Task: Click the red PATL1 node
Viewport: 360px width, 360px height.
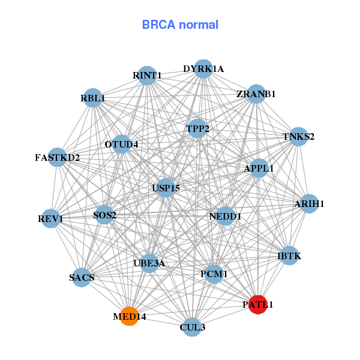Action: coord(257,305)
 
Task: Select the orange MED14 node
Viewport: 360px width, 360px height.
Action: coord(129,316)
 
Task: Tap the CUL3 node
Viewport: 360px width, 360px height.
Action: coord(192,326)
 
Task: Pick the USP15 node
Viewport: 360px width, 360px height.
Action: coord(166,188)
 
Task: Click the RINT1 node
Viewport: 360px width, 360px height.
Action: coord(147,76)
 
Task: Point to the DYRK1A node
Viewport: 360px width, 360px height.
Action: coord(203,69)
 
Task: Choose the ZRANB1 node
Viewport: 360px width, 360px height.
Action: coord(256,94)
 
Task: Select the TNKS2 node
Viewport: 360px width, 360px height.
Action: coord(298,136)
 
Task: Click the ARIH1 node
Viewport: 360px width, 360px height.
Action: coord(309,204)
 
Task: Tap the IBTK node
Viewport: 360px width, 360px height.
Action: coord(289,256)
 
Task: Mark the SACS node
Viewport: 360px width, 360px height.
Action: coord(82,277)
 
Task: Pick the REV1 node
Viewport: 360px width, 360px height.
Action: coord(51,219)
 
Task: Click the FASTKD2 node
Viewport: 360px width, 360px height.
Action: coord(57,158)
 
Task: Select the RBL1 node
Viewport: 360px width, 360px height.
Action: coord(92,97)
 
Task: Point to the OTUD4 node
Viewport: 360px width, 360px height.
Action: coord(121,144)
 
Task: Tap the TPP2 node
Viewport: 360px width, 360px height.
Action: coord(197,128)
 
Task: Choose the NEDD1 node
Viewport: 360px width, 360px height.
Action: coord(225,215)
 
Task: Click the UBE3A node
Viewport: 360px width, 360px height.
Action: coord(149,263)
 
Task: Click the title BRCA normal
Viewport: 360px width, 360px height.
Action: coord(180,25)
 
